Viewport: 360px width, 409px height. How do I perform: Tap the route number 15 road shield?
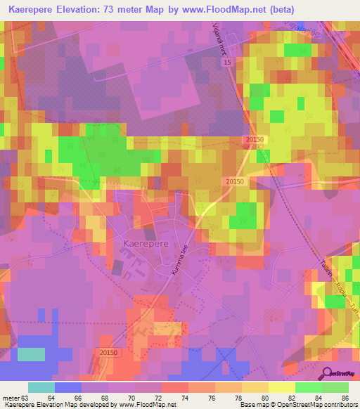coord(228,63)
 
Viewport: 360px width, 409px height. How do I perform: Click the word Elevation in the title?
coord(82,9)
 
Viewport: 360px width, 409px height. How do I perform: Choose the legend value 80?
coord(266,398)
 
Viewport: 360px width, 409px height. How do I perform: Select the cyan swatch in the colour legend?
coord(41,387)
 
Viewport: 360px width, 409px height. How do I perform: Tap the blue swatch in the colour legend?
coord(68,387)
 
